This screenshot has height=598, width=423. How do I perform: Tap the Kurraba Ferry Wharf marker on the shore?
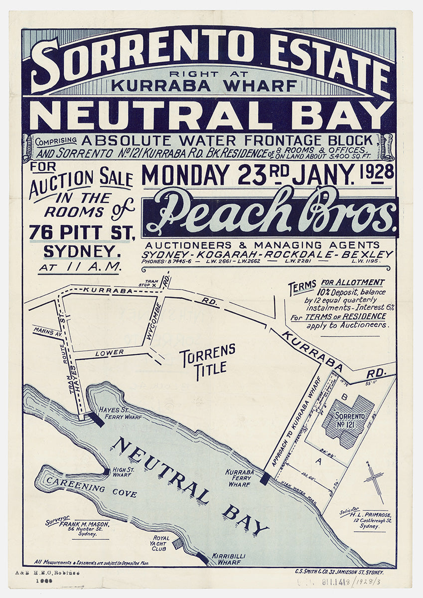point(265,478)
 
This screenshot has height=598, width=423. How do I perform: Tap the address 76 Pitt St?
point(82,232)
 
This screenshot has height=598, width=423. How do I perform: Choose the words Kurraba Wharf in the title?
point(204,85)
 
